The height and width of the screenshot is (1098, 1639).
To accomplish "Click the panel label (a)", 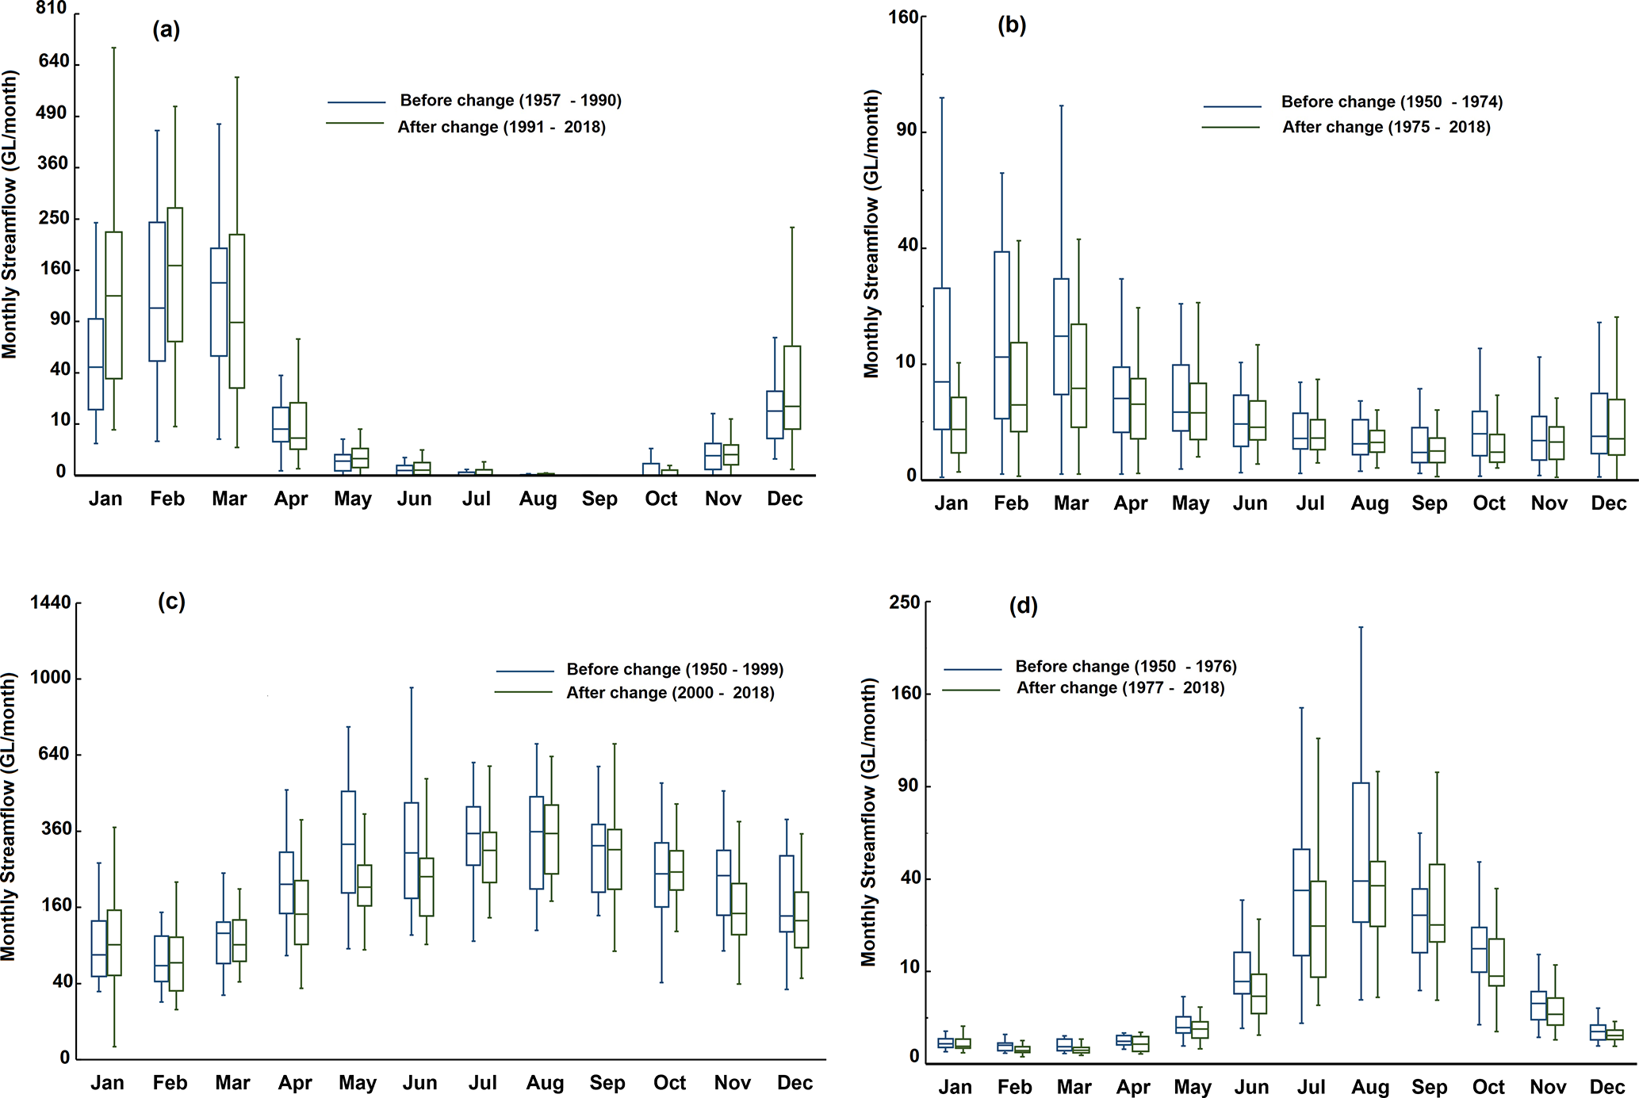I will coord(166,30).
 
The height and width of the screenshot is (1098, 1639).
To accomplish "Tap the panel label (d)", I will coord(1023,606).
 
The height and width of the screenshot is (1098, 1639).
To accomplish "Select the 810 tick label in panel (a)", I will coord(52,9).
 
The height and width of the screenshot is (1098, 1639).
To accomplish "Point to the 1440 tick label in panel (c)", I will coord(51,603).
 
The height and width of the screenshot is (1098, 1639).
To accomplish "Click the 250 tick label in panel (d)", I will coord(905,603).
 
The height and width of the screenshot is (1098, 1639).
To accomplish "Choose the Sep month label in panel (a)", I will coord(599,499).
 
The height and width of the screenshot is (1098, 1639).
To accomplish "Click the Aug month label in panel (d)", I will coord(1370,1087).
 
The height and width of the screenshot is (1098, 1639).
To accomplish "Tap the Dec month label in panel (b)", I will coord(1609,503).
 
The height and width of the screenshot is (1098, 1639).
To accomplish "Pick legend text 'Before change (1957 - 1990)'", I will coord(511,101).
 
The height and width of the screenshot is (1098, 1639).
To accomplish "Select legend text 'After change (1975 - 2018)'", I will coord(1386,127).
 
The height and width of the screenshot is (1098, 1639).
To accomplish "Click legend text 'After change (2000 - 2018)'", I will coord(670,693).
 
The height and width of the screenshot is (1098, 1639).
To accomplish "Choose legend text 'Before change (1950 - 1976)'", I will coord(1126,667).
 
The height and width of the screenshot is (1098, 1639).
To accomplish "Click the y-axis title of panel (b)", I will coord(871,234).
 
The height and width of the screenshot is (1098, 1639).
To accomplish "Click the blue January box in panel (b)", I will coord(941,358).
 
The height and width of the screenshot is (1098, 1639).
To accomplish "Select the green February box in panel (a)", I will coord(175,274).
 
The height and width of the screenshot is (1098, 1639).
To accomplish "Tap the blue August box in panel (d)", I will coord(1361,852).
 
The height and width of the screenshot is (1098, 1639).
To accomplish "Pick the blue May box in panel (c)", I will coord(348,842).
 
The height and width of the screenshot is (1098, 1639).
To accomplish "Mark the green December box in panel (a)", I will coord(792,388).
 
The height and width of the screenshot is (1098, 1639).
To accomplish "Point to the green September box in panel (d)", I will coord(1437,903).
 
